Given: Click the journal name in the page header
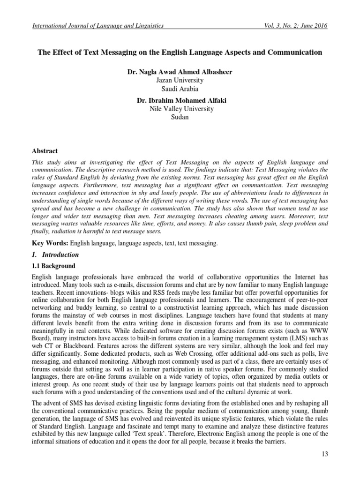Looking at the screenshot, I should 97,26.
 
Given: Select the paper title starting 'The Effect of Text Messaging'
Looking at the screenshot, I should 180,52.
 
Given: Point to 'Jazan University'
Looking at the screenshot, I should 180,81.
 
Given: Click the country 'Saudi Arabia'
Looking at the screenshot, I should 180,89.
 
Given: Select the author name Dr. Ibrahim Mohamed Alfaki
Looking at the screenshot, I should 180,100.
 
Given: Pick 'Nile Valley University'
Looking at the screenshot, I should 180,109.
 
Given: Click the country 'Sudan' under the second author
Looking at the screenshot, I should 180,117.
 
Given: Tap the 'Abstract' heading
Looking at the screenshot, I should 45,151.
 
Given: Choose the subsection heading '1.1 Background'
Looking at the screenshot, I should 52,266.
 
